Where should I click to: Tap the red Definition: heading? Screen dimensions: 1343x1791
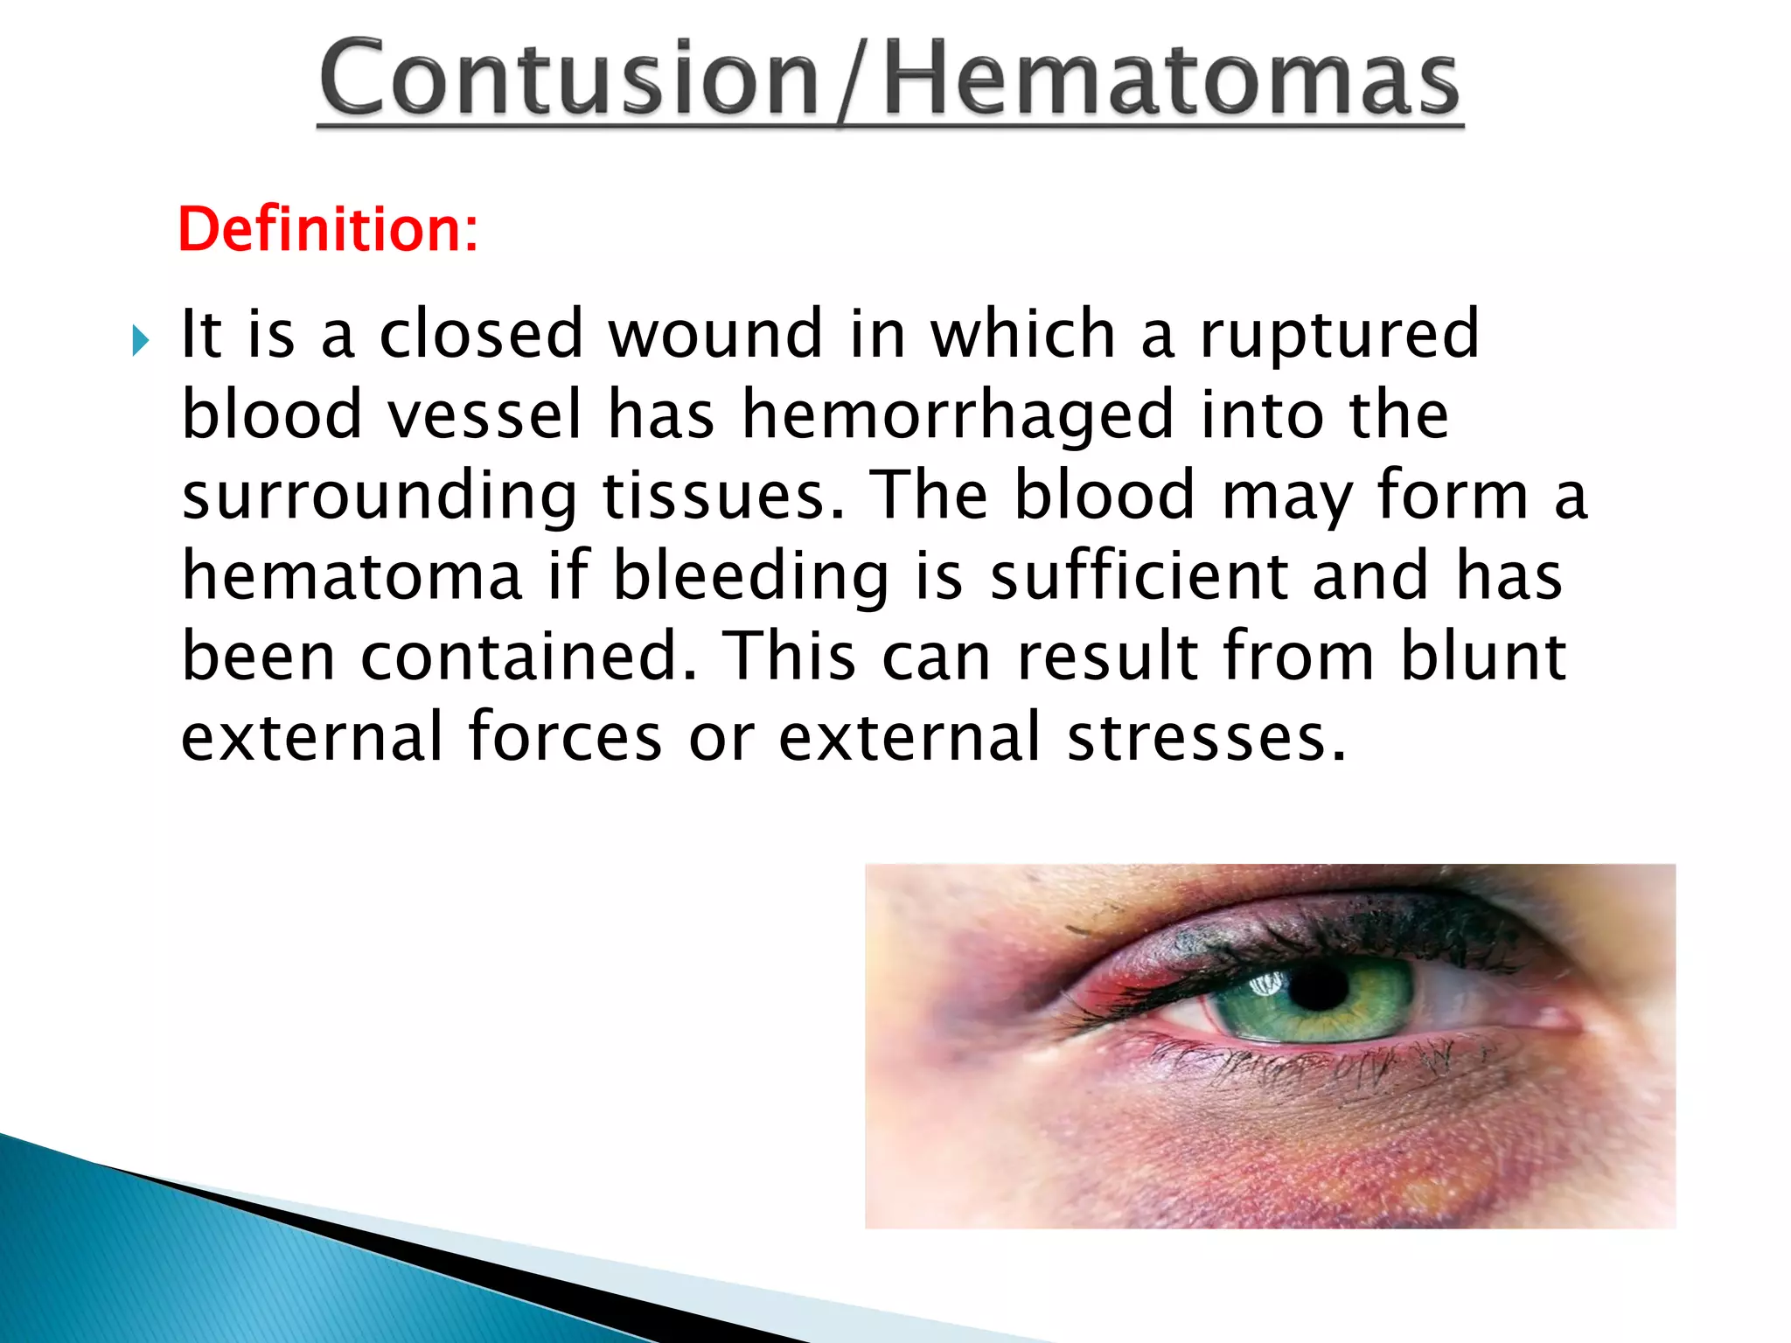point(328,229)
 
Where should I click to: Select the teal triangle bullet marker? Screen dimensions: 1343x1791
point(141,340)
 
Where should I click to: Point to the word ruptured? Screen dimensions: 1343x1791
point(1338,336)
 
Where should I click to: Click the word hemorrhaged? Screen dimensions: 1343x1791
point(958,416)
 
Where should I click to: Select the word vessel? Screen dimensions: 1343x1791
point(484,414)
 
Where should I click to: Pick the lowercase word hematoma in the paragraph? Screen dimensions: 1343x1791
point(352,576)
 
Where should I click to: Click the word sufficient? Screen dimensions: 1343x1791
point(1138,576)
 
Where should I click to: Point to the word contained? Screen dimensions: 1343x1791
point(528,657)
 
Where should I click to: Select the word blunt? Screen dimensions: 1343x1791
point(1482,657)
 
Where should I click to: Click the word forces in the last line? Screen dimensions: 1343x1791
point(565,737)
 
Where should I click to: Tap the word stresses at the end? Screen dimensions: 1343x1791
point(1205,737)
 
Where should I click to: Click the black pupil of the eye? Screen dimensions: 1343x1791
point(1319,988)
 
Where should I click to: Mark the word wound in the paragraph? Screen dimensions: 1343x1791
point(715,334)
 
